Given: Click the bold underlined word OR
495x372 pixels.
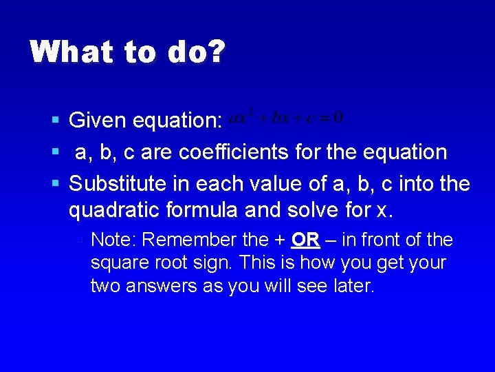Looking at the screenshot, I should click(x=305, y=240).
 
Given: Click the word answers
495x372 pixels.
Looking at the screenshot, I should click(x=160, y=286).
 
